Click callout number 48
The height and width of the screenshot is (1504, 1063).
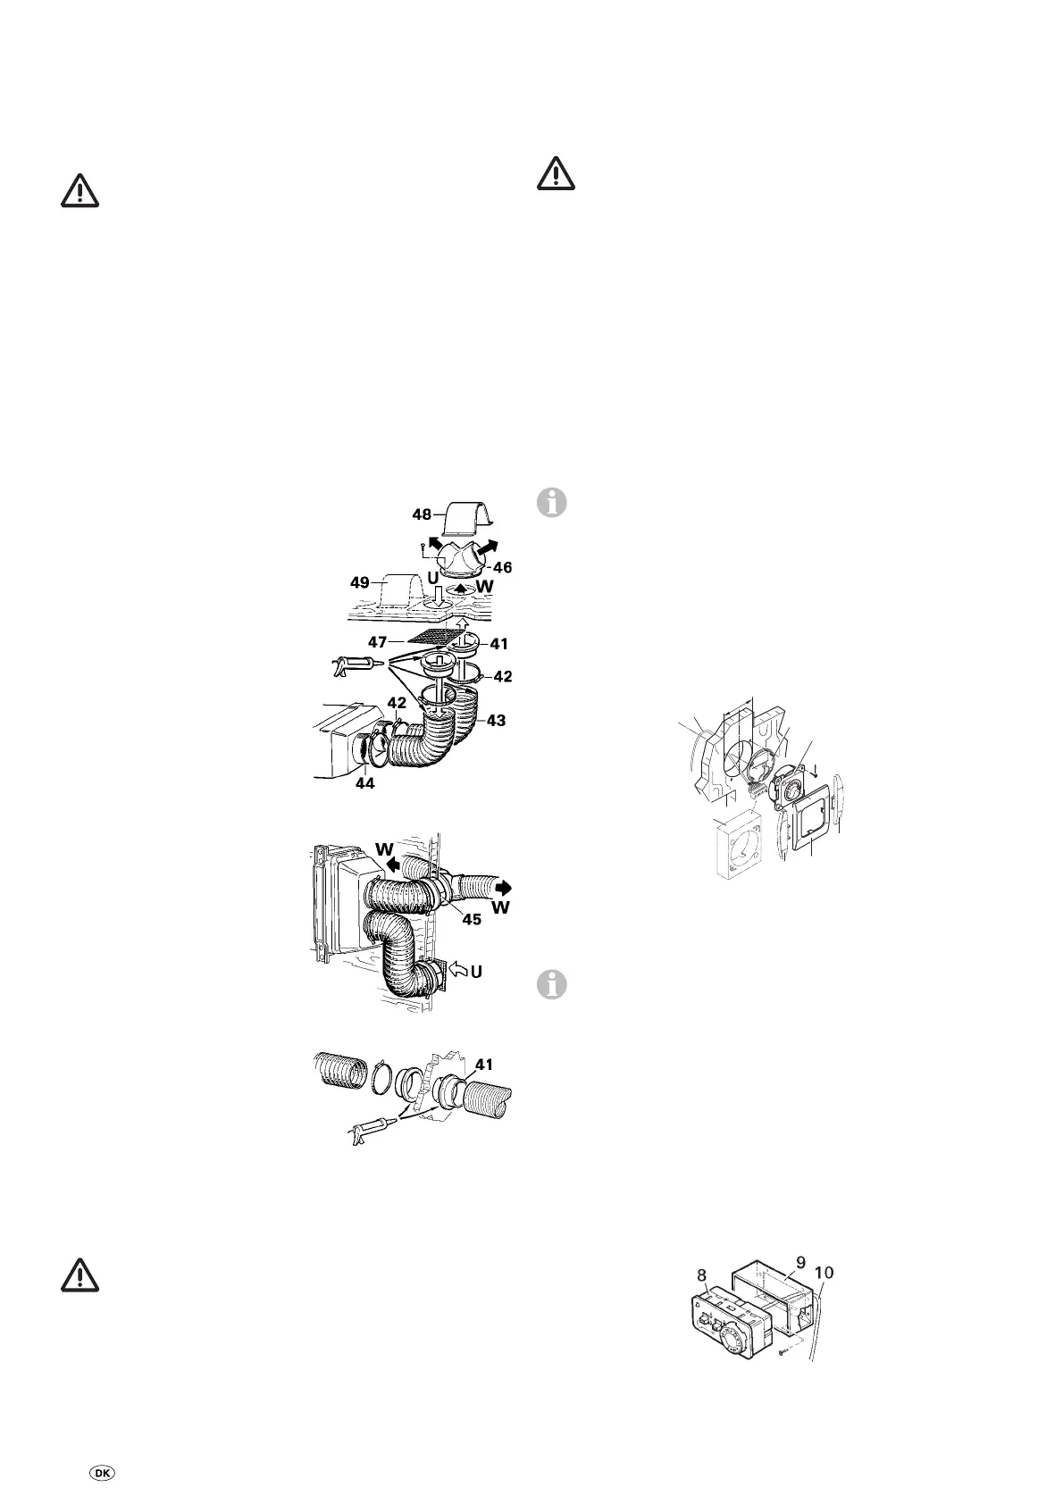422,514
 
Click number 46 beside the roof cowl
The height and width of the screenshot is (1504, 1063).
502,567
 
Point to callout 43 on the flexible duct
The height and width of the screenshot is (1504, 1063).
496,720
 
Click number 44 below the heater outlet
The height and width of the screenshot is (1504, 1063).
364,783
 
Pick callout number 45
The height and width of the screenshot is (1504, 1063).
471,919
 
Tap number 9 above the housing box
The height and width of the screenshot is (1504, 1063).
800,1262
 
